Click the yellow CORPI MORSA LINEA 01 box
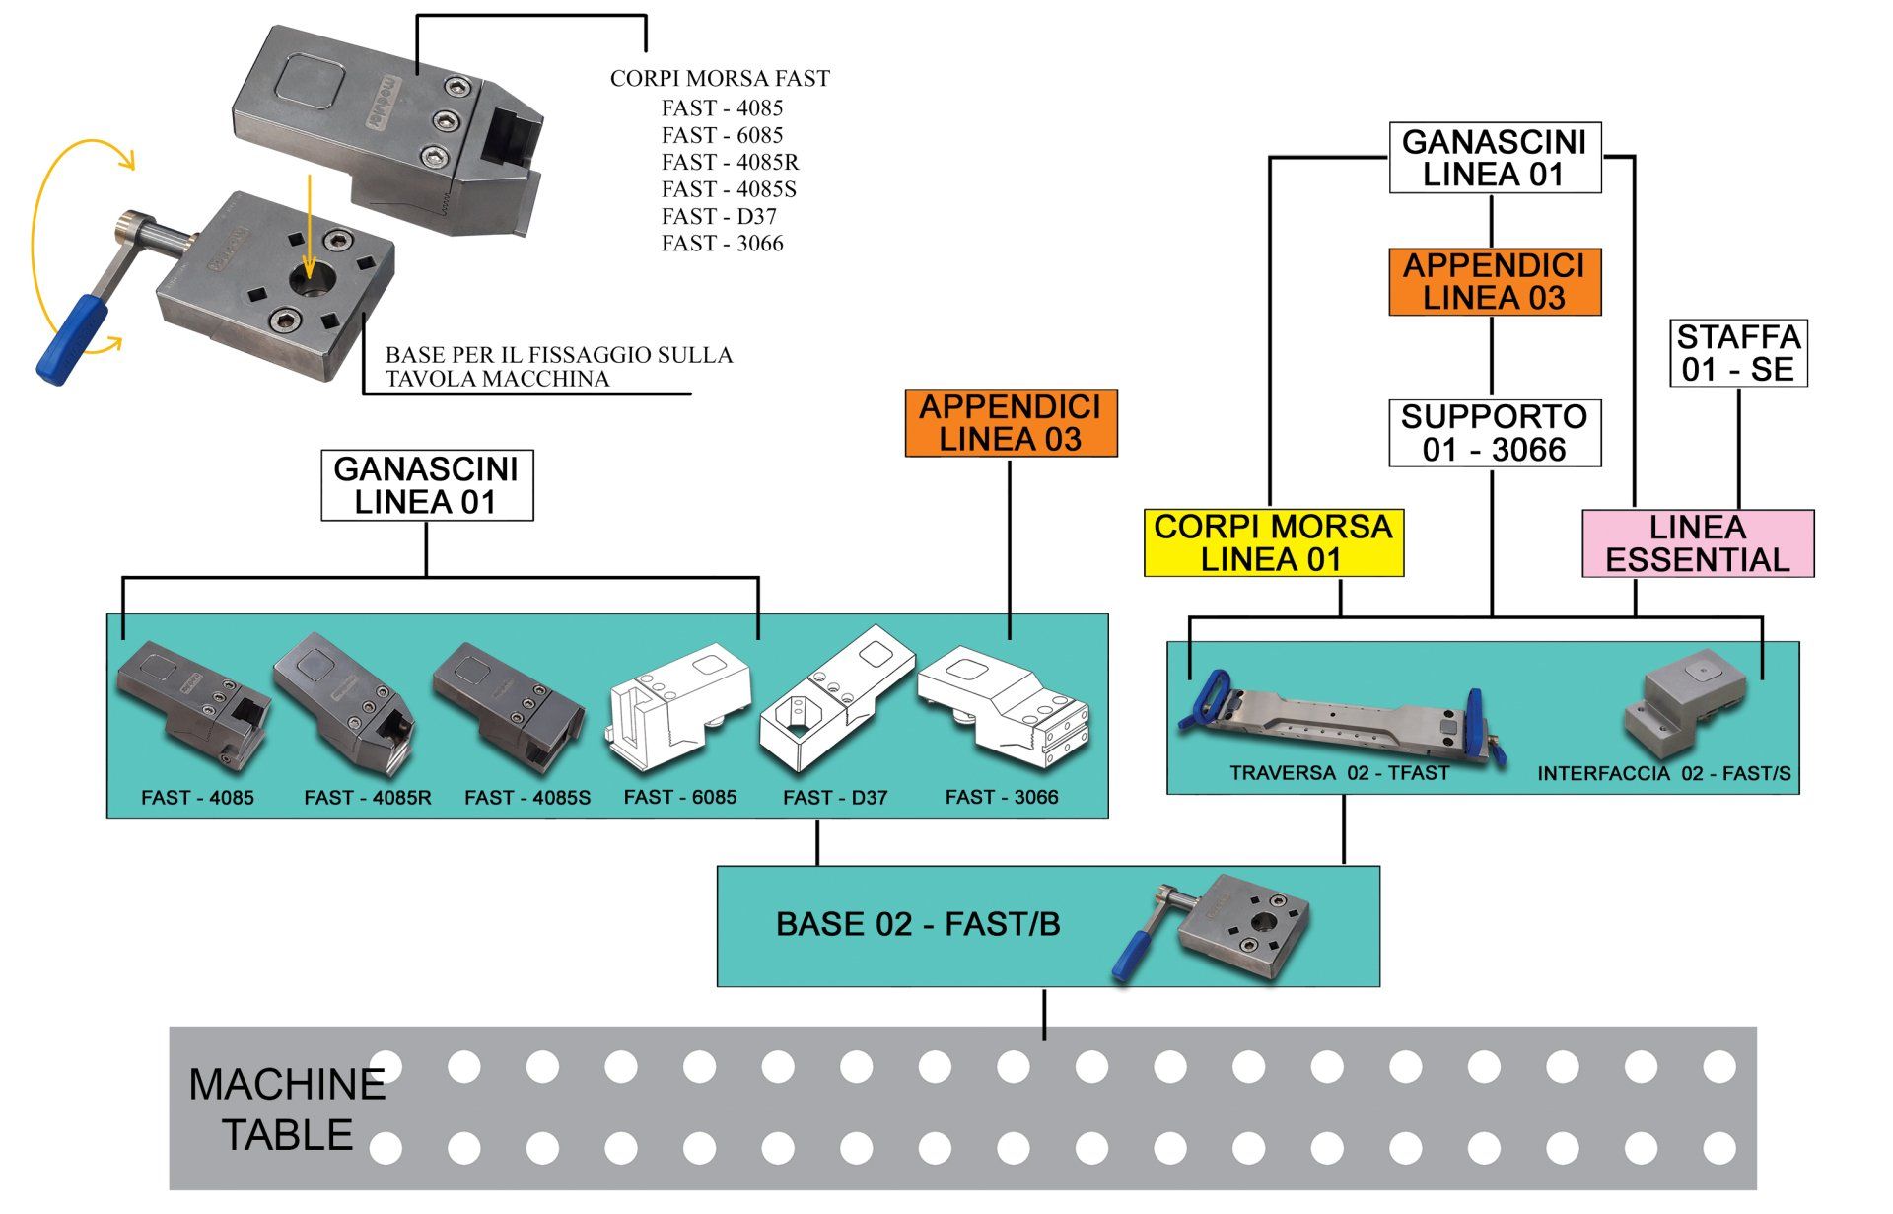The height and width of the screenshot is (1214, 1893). pos(1273,542)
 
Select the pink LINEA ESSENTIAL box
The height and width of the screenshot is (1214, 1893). pos(1698,543)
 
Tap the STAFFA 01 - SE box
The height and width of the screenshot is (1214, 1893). pos(1738,353)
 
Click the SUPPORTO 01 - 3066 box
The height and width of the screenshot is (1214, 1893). pos(1495,433)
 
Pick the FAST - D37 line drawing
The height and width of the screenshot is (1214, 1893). pos(836,702)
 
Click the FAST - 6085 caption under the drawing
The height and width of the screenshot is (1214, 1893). pos(680,797)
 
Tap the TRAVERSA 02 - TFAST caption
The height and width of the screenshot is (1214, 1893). pos(1339,773)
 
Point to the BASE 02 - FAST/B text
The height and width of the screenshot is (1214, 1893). pos(918,924)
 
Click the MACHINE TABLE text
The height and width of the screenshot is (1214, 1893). pos(287,1109)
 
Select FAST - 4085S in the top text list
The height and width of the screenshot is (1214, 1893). pos(729,189)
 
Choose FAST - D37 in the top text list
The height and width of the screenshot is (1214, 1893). pos(719,216)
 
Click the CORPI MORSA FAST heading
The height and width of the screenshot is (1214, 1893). pos(720,78)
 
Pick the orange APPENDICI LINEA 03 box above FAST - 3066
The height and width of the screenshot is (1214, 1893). pos(1012,423)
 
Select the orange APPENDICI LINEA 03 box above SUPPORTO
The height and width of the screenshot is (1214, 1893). pos(1495,282)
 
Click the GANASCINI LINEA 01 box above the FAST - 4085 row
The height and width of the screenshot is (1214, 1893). pos(427,485)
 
